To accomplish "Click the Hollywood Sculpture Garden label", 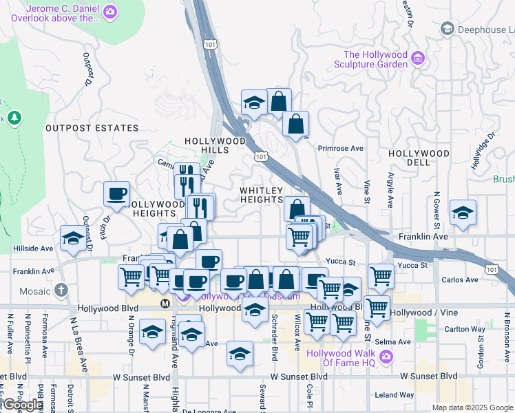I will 375,60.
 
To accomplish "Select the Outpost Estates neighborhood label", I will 92,128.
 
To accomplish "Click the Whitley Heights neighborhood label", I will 262,195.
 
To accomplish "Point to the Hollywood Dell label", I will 419,158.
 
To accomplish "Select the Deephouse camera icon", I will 448,29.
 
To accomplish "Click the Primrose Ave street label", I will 340,148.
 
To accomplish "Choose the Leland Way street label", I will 395,395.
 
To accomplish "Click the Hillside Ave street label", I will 32,248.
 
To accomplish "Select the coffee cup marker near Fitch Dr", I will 116,194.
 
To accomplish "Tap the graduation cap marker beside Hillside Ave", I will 72,238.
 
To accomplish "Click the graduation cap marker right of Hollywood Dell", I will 463,213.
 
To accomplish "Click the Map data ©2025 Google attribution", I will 472,407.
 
